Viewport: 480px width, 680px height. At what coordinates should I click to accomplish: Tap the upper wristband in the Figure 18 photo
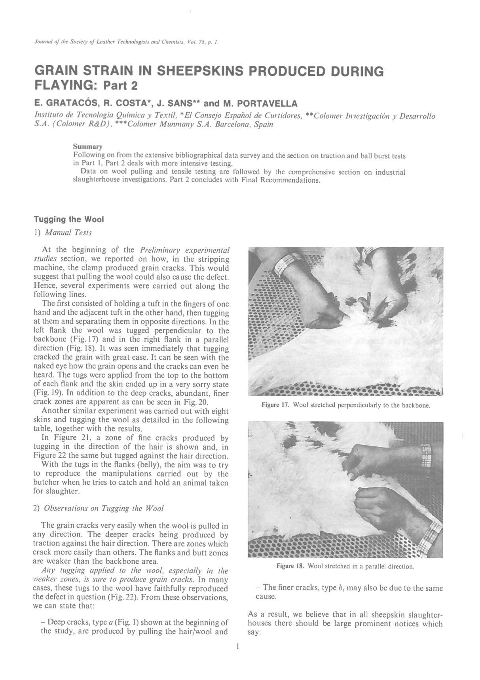pos(426,455)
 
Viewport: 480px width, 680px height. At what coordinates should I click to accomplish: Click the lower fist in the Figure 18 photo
pos(374,503)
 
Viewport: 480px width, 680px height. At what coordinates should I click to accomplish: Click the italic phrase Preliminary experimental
pos(185,250)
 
